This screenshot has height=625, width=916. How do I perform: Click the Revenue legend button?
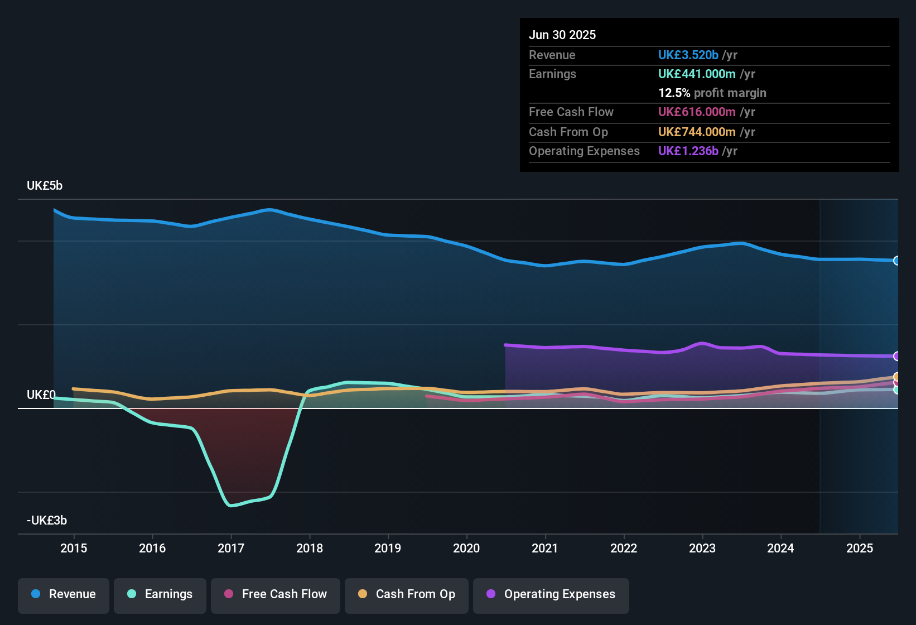[x=64, y=594]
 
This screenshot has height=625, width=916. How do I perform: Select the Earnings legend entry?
[x=160, y=594]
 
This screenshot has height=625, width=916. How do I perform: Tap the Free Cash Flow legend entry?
[x=276, y=594]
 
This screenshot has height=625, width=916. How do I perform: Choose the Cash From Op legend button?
[x=407, y=594]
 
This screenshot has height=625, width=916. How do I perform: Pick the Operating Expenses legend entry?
[x=551, y=594]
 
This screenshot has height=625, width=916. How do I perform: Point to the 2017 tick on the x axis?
[x=231, y=548]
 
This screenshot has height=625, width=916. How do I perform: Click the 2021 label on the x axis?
[x=545, y=548]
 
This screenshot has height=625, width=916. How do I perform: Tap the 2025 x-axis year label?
[x=860, y=548]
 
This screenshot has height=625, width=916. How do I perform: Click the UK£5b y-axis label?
[x=45, y=186]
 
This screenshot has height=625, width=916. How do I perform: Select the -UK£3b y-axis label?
[x=47, y=521]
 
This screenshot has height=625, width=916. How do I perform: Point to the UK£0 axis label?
[x=41, y=395]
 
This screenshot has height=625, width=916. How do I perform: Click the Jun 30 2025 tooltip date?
[x=562, y=35]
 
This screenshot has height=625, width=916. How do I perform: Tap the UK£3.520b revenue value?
[x=688, y=55]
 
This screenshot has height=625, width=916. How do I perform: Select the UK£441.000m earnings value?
[x=697, y=74]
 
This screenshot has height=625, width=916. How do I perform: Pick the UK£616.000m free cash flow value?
[x=697, y=112]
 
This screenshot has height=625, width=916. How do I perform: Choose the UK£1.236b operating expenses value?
[x=688, y=151]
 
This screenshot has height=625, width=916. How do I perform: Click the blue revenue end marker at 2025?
[x=896, y=261]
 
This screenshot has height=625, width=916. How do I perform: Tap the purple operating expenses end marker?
[x=896, y=356]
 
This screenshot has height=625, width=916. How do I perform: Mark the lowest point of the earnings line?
[x=231, y=506]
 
